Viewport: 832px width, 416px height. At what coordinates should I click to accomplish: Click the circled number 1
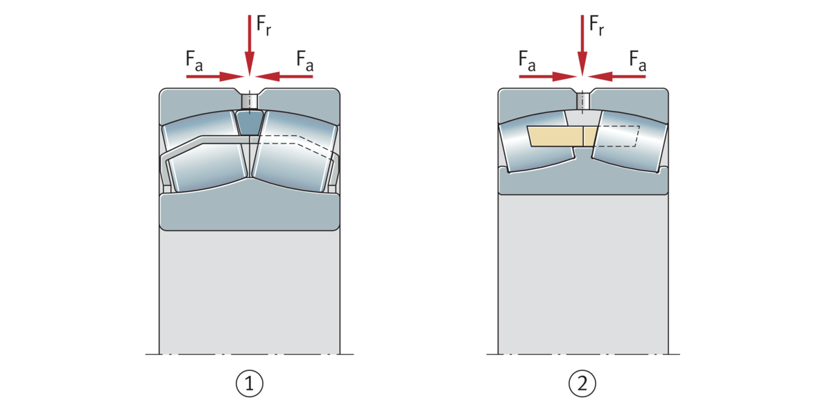click(250, 383)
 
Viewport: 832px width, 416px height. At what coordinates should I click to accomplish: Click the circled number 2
click(582, 383)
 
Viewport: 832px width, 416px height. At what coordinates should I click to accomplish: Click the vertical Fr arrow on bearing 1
click(250, 42)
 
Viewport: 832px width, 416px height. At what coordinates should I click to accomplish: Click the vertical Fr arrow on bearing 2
click(582, 42)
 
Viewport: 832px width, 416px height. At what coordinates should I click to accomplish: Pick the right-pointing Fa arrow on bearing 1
click(215, 76)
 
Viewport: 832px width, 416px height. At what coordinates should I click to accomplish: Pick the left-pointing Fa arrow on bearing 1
click(284, 76)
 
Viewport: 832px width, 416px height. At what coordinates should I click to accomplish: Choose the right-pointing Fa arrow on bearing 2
click(548, 76)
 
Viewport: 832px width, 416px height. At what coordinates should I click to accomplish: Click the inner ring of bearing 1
click(250, 211)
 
